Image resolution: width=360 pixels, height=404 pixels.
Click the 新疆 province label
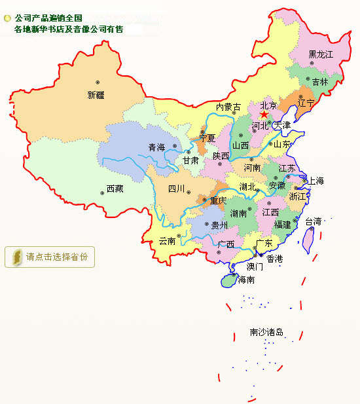point(96,95)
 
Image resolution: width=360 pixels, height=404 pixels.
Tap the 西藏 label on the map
point(115,189)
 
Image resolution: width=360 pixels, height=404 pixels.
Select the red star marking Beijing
point(264,115)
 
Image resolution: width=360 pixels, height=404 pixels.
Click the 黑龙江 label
point(321,54)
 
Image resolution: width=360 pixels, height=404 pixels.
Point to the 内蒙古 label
point(228,107)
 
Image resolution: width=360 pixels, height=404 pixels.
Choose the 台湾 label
point(314,222)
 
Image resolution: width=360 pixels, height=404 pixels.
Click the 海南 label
point(246,280)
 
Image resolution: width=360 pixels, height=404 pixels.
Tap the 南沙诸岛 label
point(266,333)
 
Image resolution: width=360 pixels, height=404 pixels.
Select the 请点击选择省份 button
point(50,257)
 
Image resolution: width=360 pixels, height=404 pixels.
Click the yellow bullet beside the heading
point(7,18)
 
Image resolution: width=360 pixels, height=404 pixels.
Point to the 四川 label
point(177,189)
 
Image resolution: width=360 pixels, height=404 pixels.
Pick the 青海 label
point(156,147)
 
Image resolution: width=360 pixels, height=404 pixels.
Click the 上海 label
point(315,181)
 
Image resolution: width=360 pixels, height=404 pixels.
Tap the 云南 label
point(168,241)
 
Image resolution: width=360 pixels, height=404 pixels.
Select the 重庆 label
point(217,201)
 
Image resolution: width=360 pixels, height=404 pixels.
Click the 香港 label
point(275,259)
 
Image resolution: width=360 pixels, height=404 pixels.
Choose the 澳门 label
point(255,267)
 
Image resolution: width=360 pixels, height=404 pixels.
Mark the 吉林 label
point(320,83)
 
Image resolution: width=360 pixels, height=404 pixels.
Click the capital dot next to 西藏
point(101,193)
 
